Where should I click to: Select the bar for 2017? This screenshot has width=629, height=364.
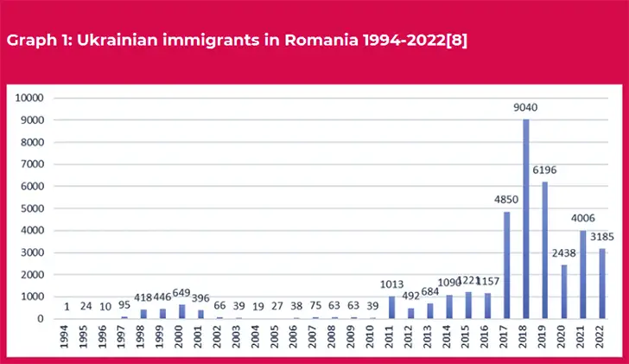pyautogui.click(x=506, y=265)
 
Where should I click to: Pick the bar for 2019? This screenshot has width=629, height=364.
pyautogui.click(x=544, y=250)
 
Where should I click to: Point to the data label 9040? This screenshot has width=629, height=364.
pyautogui.click(x=525, y=109)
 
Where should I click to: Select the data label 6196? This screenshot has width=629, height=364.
pyautogui.click(x=544, y=171)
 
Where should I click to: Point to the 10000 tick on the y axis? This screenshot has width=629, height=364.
pyautogui.click(x=30, y=98)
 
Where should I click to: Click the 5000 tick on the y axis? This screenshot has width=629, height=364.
pyautogui.click(x=33, y=208)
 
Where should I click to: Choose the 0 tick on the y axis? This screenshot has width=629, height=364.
pyautogui.click(x=40, y=318)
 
